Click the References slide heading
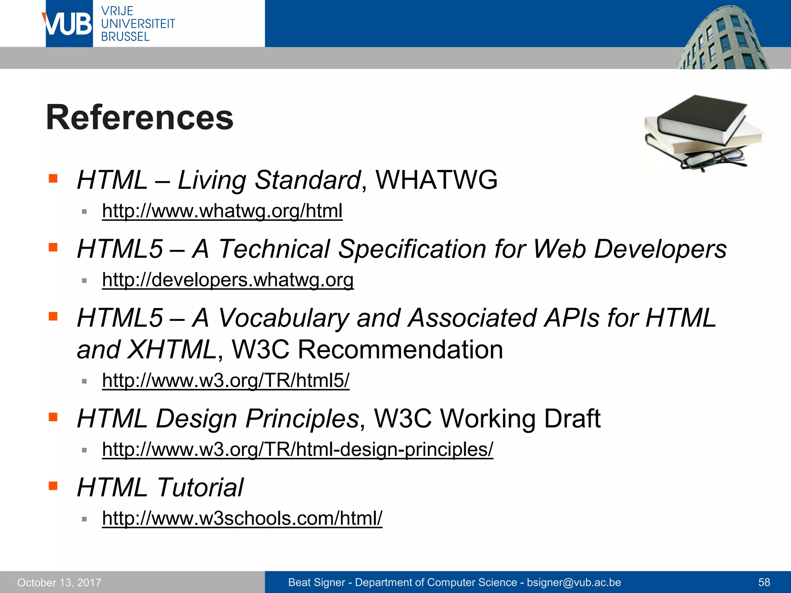click(140, 118)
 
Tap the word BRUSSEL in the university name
click(125, 37)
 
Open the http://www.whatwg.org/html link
click(222, 211)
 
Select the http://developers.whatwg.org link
click(227, 280)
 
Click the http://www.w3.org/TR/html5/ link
click(226, 381)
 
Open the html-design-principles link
click(297, 449)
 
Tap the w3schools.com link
click(242, 518)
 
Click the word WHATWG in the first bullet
click(436, 180)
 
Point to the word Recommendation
click(400, 350)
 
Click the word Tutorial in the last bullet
click(200, 488)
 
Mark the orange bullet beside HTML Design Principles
click(53, 417)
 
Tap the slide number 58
click(764, 582)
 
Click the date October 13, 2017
click(59, 583)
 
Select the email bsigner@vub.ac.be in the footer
click(574, 582)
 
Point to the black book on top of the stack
click(701, 116)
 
